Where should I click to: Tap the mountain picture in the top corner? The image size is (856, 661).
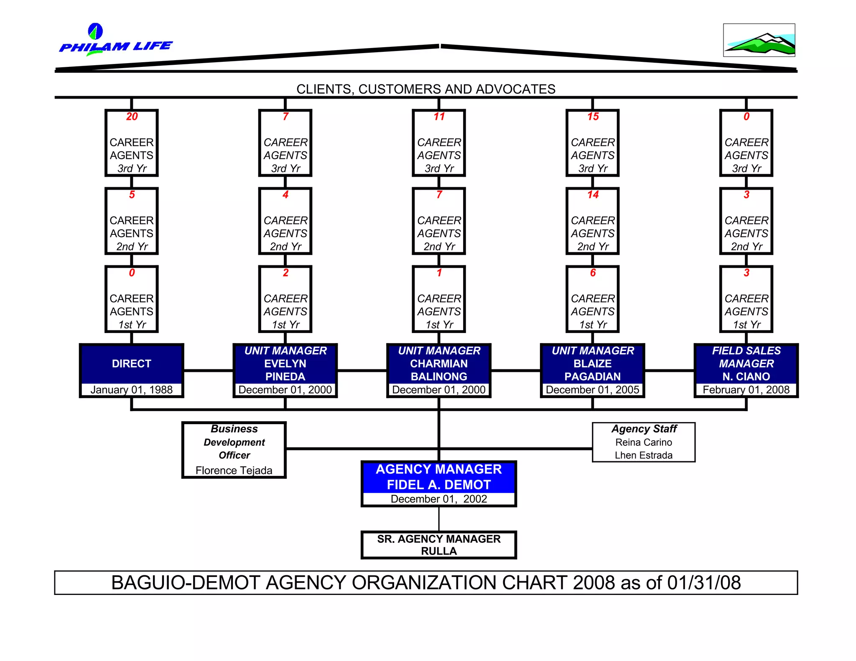coord(759,40)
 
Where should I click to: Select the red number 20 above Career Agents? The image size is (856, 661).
coord(132,117)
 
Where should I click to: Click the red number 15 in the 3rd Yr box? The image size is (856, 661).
coord(593,117)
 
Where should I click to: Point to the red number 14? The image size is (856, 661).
coord(593,195)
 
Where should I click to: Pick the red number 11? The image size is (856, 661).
coord(439,117)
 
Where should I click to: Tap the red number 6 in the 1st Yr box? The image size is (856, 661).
coord(593,273)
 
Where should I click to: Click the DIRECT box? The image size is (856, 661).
coord(131,364)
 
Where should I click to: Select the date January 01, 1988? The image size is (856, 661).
coord(131,390)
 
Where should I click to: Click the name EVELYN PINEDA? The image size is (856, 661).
coord(285,370)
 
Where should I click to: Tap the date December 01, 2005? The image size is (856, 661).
coord(592,390)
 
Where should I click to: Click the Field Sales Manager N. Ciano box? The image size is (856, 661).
coord(746,364)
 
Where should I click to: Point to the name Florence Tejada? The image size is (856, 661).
coord(234,470)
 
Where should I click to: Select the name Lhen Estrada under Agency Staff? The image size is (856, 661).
coord(643,455)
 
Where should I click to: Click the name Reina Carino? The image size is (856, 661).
coord(643,442)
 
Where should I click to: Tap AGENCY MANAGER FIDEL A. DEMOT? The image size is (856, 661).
coord(438,477)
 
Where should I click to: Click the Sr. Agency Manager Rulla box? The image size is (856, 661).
coord(438,545)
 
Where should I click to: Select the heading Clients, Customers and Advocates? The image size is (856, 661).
coord(425,89)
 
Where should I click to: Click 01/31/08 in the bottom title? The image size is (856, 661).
coord(704,583)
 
